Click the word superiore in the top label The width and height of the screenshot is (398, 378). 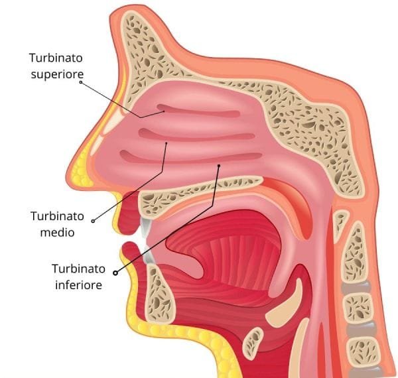click(x=57, y=74)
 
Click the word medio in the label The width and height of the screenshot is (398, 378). click(x=57, y=232)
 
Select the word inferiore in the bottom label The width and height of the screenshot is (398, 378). click(x=79, y=285)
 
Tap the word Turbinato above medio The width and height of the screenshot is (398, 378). click(x=57, y=216)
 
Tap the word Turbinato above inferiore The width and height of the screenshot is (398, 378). click(x=79, y=269)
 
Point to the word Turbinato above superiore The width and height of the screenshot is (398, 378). click(x=56, y=58)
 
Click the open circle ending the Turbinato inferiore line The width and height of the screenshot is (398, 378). click(x=115, y=273)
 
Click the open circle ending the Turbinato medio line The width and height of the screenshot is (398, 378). click(x=93, y=221)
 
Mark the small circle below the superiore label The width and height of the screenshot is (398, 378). click(x=81, y=82)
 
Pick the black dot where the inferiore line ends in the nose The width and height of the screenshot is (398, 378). click(x=219, y=166)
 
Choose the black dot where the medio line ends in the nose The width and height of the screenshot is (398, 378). click(x=166, y=143)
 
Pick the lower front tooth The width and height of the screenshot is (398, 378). click(x=148, y=255)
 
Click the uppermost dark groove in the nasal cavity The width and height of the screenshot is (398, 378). click(x=198, y=111)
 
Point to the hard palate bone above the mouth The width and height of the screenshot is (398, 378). click(x=197, y=193)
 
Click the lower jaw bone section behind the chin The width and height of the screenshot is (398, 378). click(x=159, y=292)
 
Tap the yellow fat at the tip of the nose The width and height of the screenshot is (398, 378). click(x=81, y=170)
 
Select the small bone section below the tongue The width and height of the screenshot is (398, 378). click(x=253, y=343)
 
